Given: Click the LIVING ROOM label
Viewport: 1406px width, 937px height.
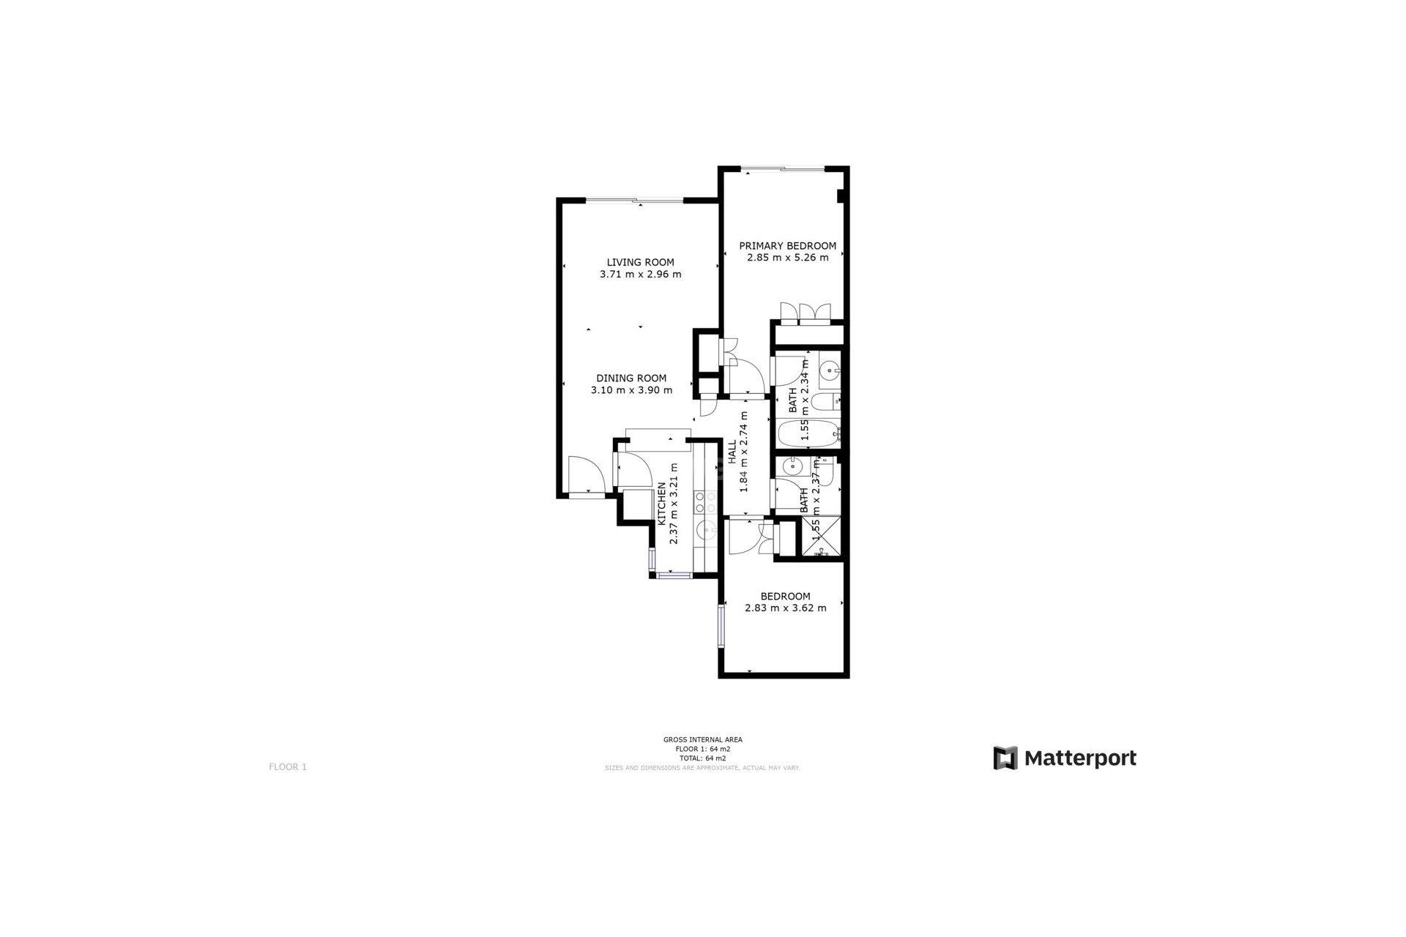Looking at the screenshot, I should [640, 262].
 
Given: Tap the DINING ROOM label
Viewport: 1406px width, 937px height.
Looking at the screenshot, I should [631, 378].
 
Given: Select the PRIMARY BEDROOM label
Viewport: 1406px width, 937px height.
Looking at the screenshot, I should [787, 246].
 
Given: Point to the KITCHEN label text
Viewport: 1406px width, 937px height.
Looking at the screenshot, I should [662, 504].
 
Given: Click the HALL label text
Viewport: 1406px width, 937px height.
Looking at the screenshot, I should [732, 453].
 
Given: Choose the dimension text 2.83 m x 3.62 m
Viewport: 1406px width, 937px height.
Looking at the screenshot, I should [785, 608].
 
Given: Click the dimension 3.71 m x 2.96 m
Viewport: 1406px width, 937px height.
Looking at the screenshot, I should [640, 275].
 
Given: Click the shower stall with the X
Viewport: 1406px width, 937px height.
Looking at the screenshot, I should [821, 537].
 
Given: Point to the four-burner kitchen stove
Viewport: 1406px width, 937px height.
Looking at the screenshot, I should [705, 501].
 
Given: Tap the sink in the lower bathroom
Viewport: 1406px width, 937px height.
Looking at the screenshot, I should [792, 466].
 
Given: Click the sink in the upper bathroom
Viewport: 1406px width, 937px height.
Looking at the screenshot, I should [829, 370].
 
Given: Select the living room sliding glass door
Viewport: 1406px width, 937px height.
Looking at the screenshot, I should [634, 200].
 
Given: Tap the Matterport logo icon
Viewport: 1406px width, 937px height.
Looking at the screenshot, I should [1005, 758].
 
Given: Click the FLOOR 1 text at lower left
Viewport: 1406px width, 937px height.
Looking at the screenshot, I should [288, 766].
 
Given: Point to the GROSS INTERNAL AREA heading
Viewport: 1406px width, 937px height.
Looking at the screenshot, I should [702, 739].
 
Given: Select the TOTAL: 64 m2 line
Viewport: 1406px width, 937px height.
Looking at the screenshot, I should [702, 758].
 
